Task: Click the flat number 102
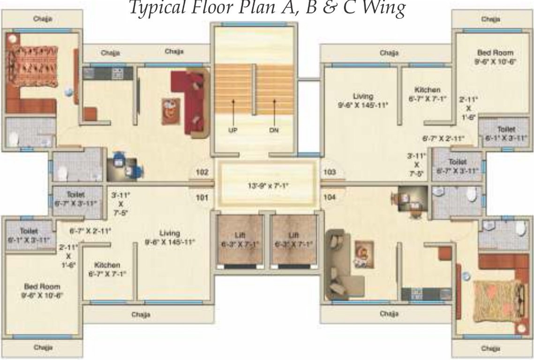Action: (x=202, y=172)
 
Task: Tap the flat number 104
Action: (x=330, y=197)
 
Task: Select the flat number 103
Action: (x=330, y=172)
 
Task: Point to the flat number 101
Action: (x=202, y=197)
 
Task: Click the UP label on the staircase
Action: (x=233, y=130)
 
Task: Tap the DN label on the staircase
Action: (x=274, y=130)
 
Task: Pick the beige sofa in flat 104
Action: (x=340, y=264)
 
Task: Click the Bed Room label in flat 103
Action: (x=495, y=53)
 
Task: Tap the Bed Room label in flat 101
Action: (x=42, y=286)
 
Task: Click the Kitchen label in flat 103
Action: (x=427, y=90)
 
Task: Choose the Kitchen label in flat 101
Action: (x=107, y=265)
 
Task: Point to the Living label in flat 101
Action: (x=169, y=233)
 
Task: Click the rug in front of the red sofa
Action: (x=171, y=110)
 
